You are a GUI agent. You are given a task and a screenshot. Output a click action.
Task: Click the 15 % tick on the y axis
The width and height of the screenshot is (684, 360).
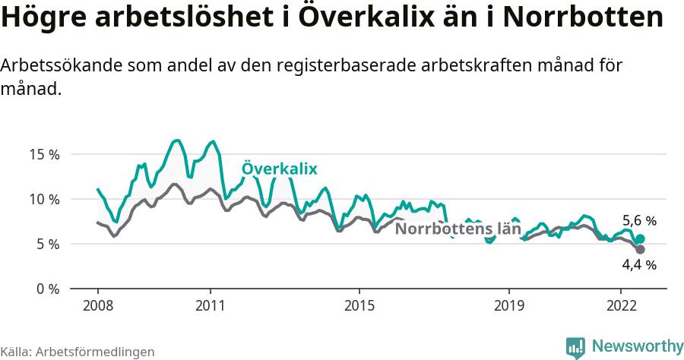coord(43,154)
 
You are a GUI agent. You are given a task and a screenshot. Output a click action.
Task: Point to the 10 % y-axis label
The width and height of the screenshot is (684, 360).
coord(43,199)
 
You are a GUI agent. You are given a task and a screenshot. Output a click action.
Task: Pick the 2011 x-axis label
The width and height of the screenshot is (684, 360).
coord(210,305)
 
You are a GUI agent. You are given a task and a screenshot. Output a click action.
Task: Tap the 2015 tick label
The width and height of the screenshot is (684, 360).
coord(359,305)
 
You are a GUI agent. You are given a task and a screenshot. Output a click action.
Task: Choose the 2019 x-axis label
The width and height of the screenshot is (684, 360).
coord(508,305)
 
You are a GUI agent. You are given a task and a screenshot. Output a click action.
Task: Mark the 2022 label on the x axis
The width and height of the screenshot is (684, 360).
coord(621,305)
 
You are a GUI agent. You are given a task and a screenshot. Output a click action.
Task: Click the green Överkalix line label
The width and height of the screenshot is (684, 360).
coord(279,169)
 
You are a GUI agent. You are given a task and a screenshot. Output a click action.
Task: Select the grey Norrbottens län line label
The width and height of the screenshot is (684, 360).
coord(458,229)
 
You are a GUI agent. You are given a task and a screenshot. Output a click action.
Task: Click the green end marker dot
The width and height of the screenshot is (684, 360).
coord(640,238)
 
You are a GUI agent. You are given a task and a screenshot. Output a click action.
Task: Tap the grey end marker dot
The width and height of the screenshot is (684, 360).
coord(640,250)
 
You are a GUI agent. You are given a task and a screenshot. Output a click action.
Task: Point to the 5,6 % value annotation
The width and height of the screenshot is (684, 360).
coord(639,221)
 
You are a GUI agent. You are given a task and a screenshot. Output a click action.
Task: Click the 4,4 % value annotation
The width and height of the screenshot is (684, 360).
coord(639,265)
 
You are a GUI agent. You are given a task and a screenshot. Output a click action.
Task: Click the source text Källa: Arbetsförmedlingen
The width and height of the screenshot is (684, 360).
coord(78,352)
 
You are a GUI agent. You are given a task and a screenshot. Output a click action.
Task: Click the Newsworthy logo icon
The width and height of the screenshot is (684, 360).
coord(575,347)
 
